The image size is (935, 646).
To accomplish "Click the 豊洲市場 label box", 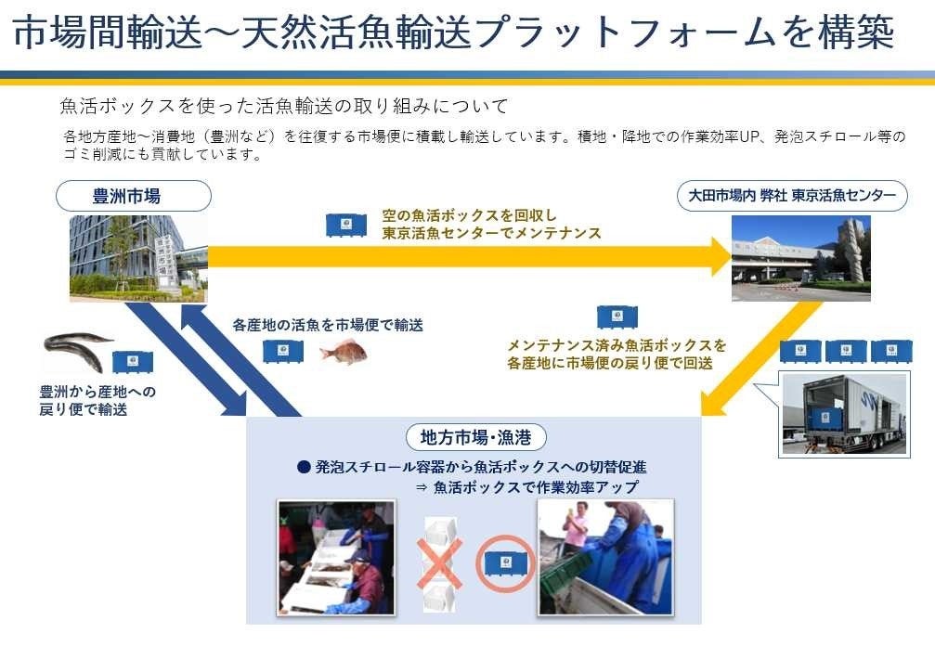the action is click(133, 196).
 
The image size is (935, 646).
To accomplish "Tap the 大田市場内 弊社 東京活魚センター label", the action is click(792, 196).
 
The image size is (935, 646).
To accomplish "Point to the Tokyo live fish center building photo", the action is click(800, 259).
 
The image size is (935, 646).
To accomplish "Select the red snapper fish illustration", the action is click(343, 351).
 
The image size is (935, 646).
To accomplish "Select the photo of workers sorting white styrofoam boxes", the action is click(336, 557).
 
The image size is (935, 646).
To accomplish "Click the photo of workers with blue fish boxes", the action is click(606, 557).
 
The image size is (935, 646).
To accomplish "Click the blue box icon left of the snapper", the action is click(283, 351).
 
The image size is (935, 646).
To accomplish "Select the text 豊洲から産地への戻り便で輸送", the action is click(91, 400).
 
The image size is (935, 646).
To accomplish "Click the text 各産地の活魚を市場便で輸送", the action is click(328, 325).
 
